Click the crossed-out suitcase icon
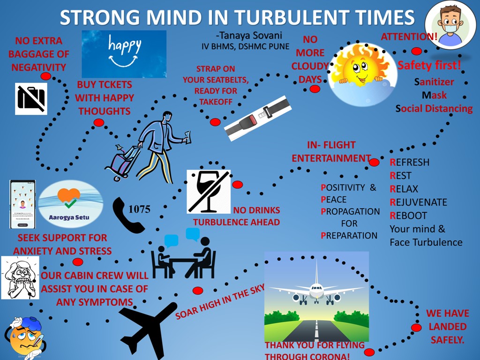coord(31,98)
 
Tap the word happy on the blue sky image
coord(124,46)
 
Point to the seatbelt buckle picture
coord(258,118)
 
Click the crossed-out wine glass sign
coord(209,192)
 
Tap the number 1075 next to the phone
coord(139,209)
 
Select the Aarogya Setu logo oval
coord(70,203)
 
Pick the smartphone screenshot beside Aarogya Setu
coord(22,204)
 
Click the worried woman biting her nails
coord(20,277)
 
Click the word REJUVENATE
coord(418,202)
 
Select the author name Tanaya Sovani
coord(249,36)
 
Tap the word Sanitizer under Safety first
coord(434,82)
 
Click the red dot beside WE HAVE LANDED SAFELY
coord(416,328)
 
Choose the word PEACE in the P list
coord(333,200)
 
